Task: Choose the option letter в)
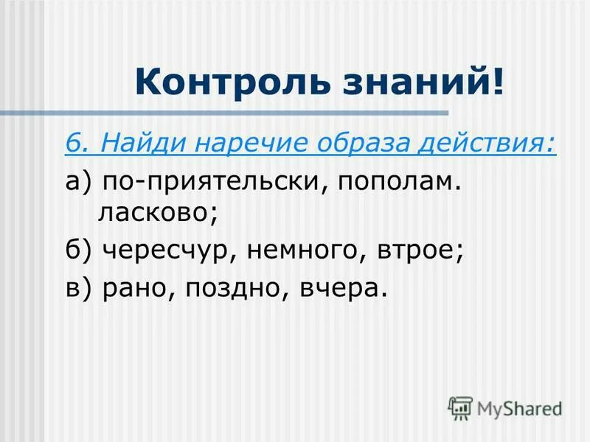[x=77, y=288]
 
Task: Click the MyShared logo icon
[x=460, y=407]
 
